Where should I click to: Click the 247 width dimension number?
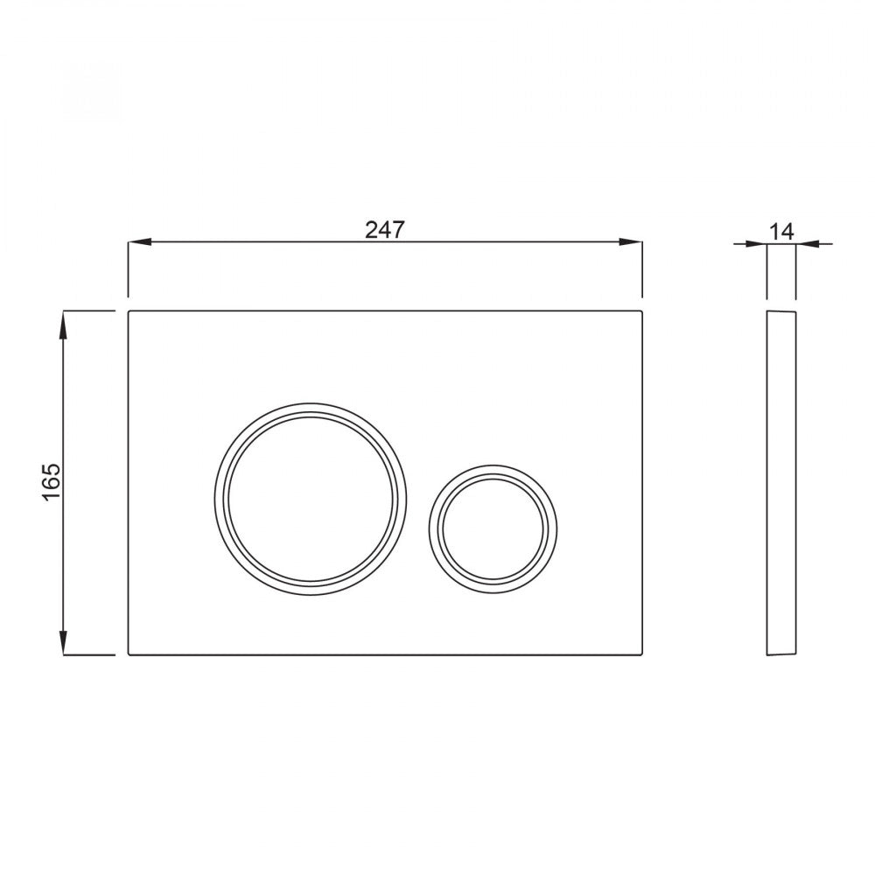pos(384,229)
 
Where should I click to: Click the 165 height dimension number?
pos(52,481)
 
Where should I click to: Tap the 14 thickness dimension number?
pos(781,231)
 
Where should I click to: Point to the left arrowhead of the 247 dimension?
pos(140,242)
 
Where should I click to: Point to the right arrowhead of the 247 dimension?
pos(631,242)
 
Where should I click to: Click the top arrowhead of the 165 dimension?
pos(64,325)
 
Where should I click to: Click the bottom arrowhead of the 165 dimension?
pos(64,641)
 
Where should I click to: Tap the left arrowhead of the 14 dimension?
pos(756,243)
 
